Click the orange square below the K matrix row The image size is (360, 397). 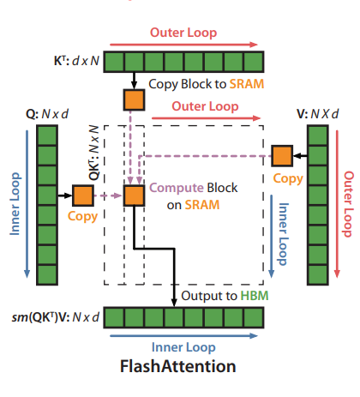tap(135, 99)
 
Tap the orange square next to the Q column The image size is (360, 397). tap(83, 195)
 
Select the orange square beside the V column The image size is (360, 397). tap(282, 155)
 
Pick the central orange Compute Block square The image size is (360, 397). tap(135, 196)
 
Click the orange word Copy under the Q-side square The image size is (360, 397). tap(83, 219)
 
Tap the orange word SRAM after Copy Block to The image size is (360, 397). tap(243, 84)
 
